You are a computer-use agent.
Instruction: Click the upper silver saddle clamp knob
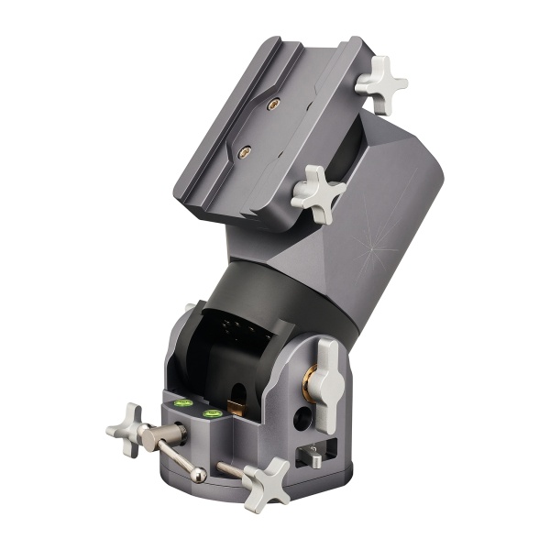[380, 84]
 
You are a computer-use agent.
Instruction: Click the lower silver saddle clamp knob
[318, 193]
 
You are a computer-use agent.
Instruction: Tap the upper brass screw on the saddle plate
[272, 104]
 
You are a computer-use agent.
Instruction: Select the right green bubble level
[214, 413]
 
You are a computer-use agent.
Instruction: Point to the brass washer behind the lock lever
[311, 375]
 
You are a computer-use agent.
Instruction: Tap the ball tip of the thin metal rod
[199, 474]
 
